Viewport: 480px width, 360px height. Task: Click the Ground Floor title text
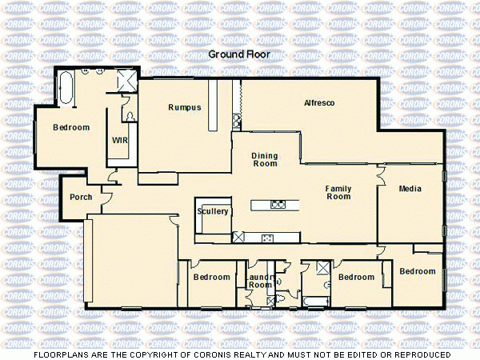(x=239, y=54)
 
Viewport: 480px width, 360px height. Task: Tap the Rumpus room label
(x=184, y=107)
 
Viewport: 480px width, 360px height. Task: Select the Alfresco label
(x=318, y=103)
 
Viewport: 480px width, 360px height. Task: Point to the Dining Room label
(x=264, y=159)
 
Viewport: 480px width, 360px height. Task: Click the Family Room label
(x=338, y=192)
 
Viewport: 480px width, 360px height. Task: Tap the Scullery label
(x=213, y=211)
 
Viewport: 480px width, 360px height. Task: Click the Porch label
(x=81, y=197)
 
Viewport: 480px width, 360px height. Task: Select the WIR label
(x=120, y=140)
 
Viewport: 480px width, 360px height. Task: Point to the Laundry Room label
(x=260, y=281)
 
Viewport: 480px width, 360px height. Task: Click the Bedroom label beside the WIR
(x=71, y=127)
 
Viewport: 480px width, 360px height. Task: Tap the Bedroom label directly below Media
(x=418, y=271)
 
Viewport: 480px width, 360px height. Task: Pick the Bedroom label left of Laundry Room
(x=211, y=278)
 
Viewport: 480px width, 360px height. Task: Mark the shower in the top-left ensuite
(x=126, y=79)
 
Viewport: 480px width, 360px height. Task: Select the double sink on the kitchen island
(x=278, y=204)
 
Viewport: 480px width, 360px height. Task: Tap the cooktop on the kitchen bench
(x=268, y=237)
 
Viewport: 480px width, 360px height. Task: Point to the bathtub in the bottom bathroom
(x=315, y=301)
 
